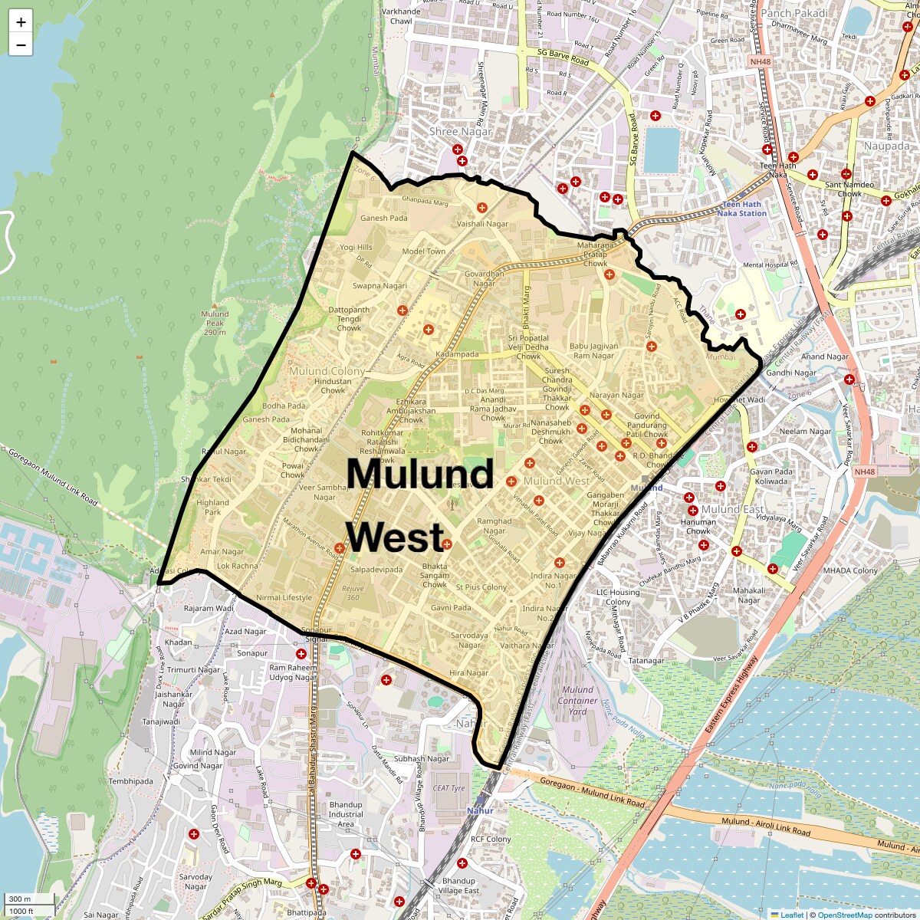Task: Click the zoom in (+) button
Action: click(x=21, y=22)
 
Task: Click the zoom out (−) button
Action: click(x=21, y=45)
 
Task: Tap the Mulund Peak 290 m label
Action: click(x=215, y=323)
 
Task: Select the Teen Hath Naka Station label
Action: click(x=741, y=209)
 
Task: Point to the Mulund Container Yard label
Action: click(x=577, y=700)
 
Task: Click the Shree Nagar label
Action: click(x=460, y=131)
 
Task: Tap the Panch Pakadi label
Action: click(x=794, y=13)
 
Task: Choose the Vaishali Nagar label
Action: click(x=482, y=224)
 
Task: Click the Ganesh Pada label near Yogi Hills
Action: click(x=384, y=218)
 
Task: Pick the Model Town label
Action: click(x=424, y=251)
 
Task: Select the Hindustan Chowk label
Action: click(x=333, y=386)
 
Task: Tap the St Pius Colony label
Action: click(x=481, y=587)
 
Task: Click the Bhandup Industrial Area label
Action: click(x=346, y=814)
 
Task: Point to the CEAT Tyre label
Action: click(x=449, y=787)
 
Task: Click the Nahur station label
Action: click(x=480, y=810)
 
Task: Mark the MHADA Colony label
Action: click(x=850, y=570)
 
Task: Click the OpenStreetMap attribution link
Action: click(x=844, y=915)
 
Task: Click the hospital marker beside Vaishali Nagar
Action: click(x=482, y=208)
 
